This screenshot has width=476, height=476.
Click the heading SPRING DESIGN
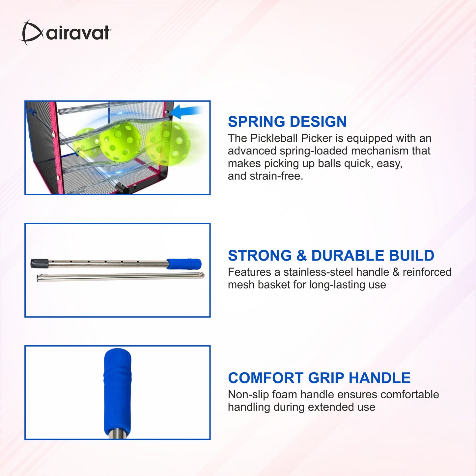[x=287, y=122]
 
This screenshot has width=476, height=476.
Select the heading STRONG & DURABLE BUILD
[x=331, y=255]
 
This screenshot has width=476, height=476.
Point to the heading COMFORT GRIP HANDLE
[x=319, y=378]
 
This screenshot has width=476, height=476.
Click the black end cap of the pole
[x=40, y=263]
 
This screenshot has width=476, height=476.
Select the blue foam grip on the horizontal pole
[x=184, y=264]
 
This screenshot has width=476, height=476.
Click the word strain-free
[x=276, y=176]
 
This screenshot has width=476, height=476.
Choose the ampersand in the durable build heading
[x=301, y=255]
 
